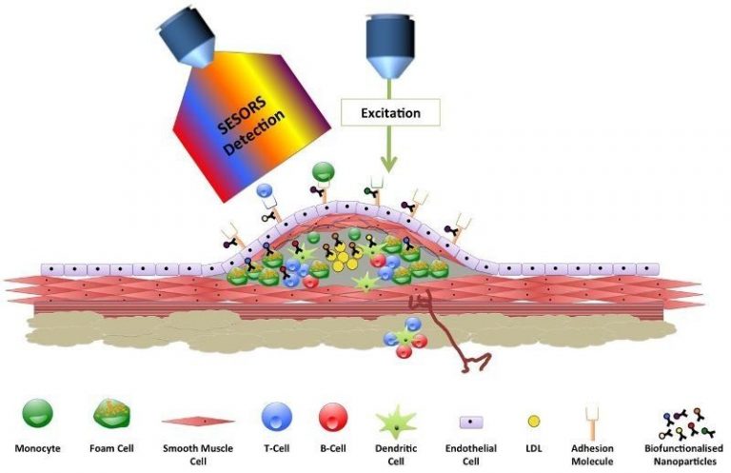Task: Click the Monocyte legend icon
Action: (37, 413)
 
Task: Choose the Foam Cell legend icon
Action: (111, 414)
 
